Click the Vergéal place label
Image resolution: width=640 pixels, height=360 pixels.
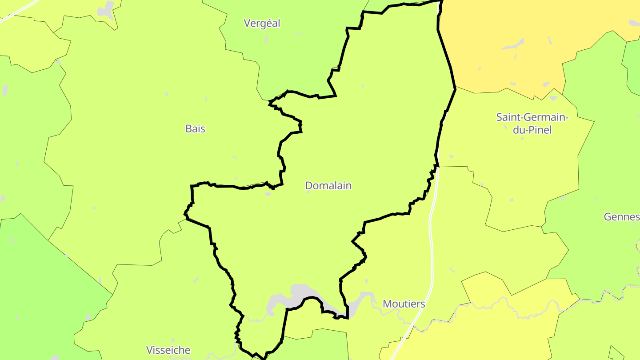(x=262, y=24)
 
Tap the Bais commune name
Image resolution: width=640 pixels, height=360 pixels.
(x=196, y=128)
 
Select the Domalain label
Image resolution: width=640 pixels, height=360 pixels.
(x=328, y=185)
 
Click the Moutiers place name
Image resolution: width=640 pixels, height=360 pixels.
(x=404, y=304)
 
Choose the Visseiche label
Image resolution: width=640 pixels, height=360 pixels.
(x=168, y=350)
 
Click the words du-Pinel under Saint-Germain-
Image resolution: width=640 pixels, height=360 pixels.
(x=532, y=130)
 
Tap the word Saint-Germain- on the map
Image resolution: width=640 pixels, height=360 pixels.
(x=532, y=117)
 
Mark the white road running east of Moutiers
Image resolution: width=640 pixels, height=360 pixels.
(x=431, y=240)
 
